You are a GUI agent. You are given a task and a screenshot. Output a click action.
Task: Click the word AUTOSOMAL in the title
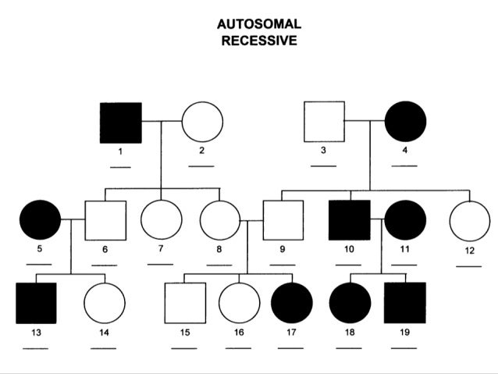[x=258, y=25]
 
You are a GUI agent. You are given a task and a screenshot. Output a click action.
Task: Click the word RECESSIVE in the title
[x=258, y=41]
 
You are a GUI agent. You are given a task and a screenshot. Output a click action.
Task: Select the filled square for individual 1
[x=120, y=123]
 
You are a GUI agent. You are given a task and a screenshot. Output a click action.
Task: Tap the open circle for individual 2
[x=202, y=123]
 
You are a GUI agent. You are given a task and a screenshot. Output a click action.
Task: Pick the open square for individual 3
[x=324, y=122]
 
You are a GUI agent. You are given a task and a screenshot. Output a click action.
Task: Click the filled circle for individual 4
[x=406, y=122]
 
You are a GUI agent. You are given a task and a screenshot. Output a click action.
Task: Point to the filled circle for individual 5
[x=40, y=220]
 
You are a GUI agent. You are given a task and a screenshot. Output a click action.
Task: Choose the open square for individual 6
[x=105, y=220]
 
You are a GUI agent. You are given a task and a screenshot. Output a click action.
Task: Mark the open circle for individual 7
[x=161, y=220]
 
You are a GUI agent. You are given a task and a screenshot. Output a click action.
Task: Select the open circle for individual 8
[x=219, y=220]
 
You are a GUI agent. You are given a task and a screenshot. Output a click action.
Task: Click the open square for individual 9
[x=282, y=220]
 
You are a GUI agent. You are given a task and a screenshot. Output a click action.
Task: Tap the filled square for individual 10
[x=349, y=220]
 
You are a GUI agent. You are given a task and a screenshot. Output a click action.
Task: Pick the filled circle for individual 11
[x=404, y=220]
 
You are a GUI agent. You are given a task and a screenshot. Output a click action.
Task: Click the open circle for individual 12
[x=470, y=220]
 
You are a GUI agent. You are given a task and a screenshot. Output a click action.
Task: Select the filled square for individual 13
[x=36, y=303]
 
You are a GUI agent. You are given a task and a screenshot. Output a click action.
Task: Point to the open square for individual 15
[x=186, y=303]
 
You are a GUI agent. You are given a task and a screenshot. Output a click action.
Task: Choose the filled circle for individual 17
[x=292, y=303]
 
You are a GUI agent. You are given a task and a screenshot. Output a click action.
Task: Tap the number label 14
[x=104, y=332]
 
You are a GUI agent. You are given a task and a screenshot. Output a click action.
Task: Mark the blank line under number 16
[x=239, y=345]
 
